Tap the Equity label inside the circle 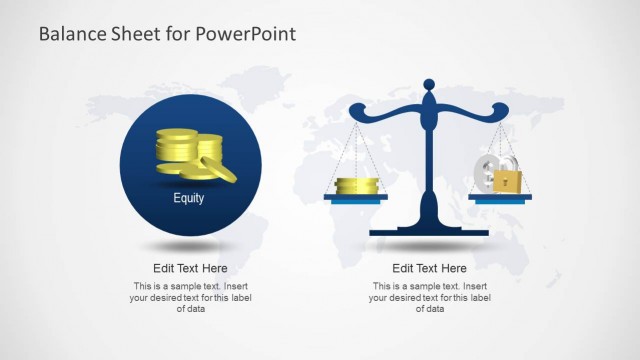tap(189, 198)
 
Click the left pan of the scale tap(355, 198)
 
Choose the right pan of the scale tap(500, 197)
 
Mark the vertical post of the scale tap(429, 160)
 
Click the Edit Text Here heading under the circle tap(190, 268)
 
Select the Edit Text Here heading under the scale tap(429, 268)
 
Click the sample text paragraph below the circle tap(190, 297)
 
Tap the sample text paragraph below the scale tap(429, 297)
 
